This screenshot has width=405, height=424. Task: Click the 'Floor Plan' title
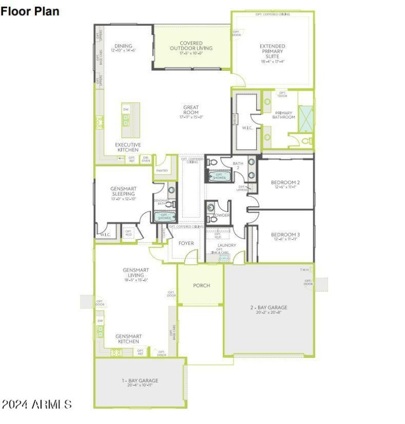point(29,11)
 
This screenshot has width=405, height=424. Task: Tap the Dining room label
point(123,48)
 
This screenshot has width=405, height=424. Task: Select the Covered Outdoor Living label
point(191,46)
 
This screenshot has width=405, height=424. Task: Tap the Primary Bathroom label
point(283,115)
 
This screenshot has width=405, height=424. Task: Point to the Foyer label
point(186,243)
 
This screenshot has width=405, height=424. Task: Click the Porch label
point(201,285)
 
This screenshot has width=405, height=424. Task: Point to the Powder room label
point(221,215)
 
